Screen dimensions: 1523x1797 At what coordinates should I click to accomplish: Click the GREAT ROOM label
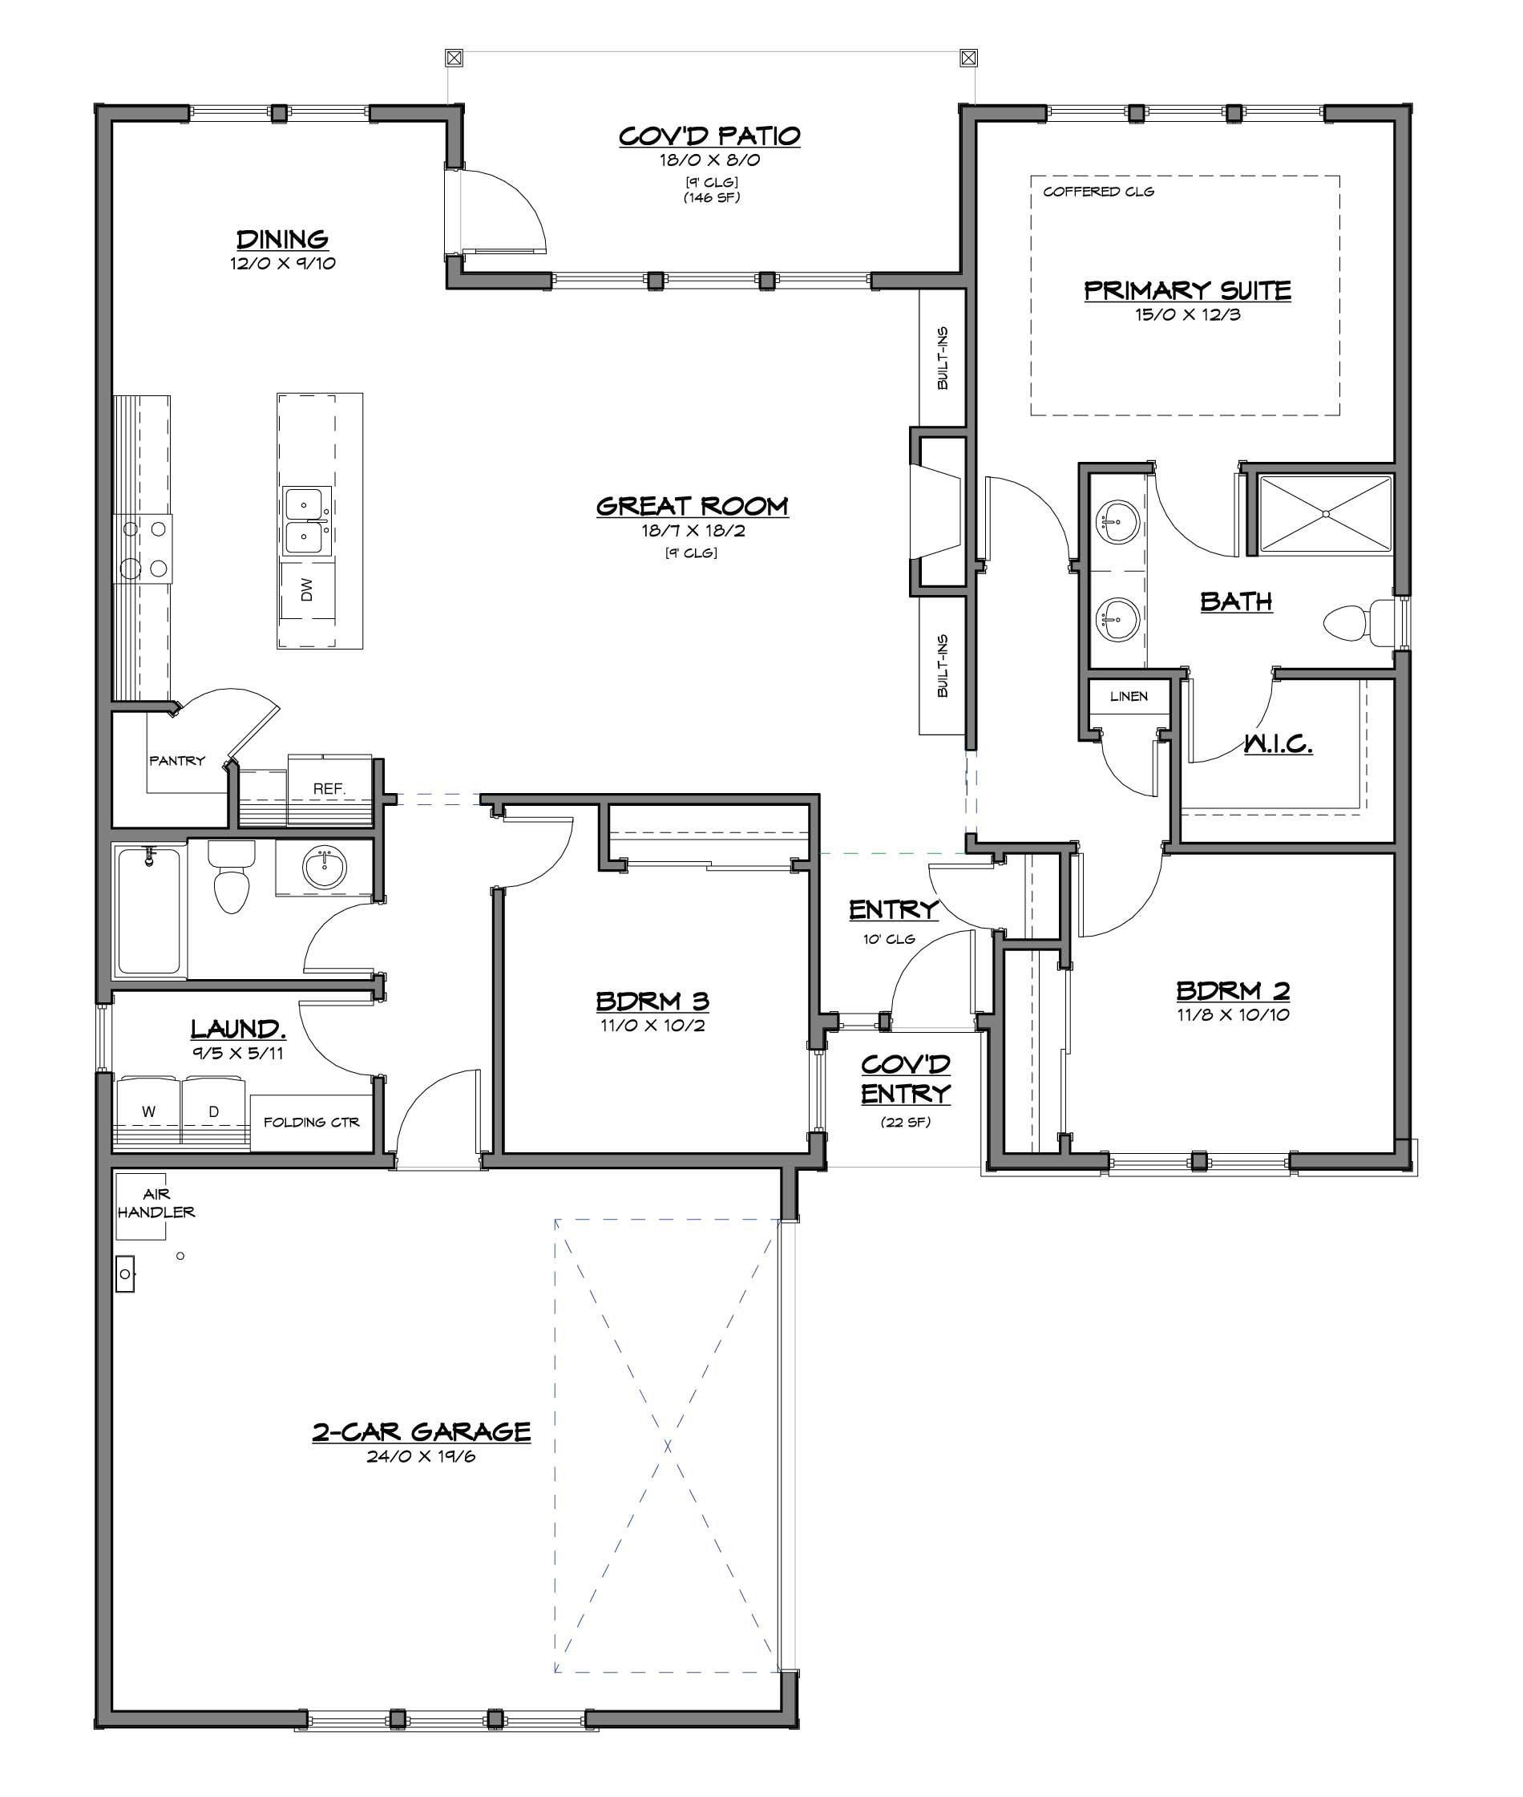pyautogui.click(x=693, y=506)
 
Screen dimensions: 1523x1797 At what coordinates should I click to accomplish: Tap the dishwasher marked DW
pyautogui.click(x=307, y=590)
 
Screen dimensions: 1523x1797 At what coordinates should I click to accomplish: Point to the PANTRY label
pyautogui.click(x=177, y=761)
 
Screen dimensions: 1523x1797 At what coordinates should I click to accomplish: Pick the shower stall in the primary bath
pyautogui.click(x=1325, y=515)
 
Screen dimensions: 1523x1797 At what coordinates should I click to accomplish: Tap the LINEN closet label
pyautogui.click(x=1129, y=696)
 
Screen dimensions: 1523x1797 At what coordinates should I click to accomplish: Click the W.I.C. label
pyautogui.click(x=1278, y=743)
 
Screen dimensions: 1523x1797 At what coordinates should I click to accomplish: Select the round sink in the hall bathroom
pyautogui.click(x=325, y=866)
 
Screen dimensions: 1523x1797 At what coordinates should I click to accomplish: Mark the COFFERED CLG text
pyautogui.click(x=1098, y=192)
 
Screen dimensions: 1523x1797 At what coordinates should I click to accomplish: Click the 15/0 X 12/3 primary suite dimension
pyautogui.click(x=1188, y=314)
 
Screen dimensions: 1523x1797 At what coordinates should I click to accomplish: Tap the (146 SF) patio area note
pyautogui.click(x=712, y=198)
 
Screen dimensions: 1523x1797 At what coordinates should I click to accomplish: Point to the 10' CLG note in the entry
pyautogui.click(x=888, y=939)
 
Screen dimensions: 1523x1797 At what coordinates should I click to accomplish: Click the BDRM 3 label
pyautogui.click(x=652, y=1001)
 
